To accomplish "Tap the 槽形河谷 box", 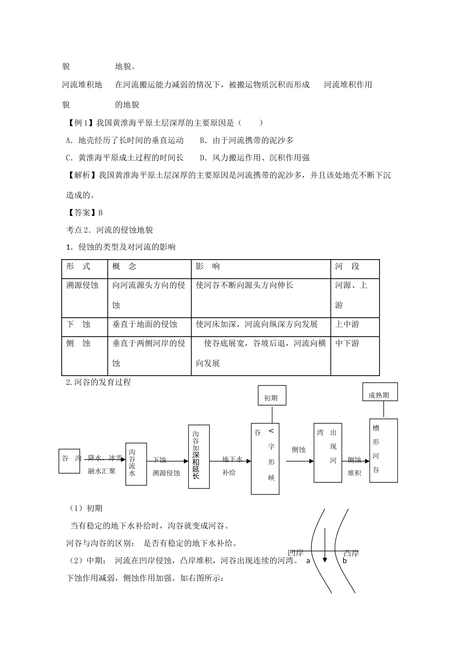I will pyautogui.click(x=383, y=450).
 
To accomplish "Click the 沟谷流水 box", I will pyautogui.click(x=136, y=464).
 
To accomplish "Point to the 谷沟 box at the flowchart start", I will pyautogui.click(x=70, y=458).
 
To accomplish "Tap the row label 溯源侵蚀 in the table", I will pyautogui.click(x=82, y=285).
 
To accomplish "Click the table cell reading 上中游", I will pyautogui.click(x=347, y=324).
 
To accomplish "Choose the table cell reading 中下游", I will pyautogui.click(x=347, y=343).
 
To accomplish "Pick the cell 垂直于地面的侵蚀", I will pyautogui.click(x=145, y=324).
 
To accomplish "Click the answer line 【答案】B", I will pyautogui.click(x=84, y=212).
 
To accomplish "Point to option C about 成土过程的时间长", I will pyautogui.click(x=125, y=157).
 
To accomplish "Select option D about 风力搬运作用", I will pyautogui.click(x=255, y=157).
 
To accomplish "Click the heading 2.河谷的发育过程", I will pyautogui.click(x=99, y=382).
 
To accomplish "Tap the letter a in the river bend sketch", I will pyautogui.click(x=308, y=561).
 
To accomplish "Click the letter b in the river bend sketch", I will pyautogui.click(x=345, y=561).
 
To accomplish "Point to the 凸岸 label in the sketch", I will pyautogui.click(x=351, y=554).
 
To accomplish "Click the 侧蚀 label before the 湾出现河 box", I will pyautogui.click(x=298, y=450).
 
